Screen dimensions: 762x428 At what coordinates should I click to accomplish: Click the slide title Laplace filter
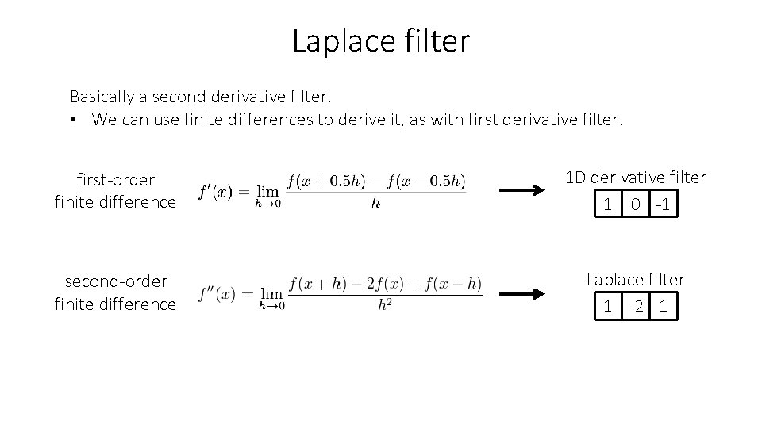(381, 41)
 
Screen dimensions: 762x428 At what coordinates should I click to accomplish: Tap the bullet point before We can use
(73, 120)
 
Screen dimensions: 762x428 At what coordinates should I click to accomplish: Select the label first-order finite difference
(116, 190)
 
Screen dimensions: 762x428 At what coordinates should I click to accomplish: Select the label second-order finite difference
(116, 292)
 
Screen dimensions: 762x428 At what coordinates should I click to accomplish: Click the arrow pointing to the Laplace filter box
(521, 294)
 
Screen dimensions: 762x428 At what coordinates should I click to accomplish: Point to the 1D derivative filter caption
(635, 178)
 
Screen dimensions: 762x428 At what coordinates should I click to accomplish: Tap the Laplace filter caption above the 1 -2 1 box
(635, 279)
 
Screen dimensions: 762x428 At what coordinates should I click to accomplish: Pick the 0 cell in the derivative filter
(636, 205)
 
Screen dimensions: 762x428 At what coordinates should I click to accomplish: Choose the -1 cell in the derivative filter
(664, 205)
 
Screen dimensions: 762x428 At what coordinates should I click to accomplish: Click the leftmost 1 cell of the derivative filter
(608, 205)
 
